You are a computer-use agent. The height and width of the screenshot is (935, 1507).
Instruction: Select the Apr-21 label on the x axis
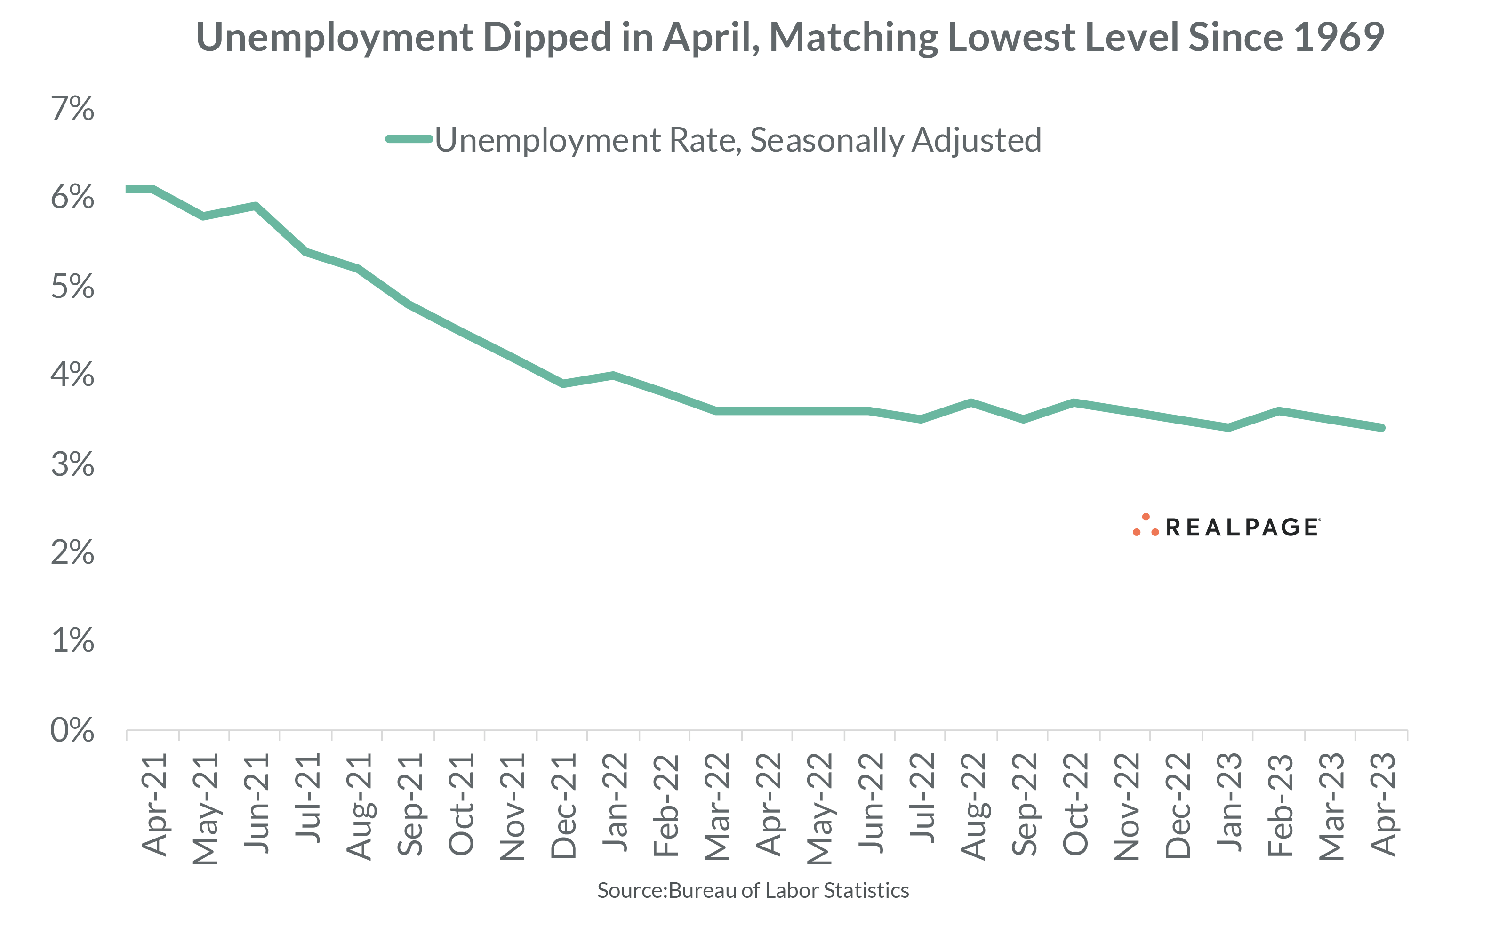[154, 805]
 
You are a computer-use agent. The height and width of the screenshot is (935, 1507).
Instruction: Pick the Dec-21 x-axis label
[563, 806]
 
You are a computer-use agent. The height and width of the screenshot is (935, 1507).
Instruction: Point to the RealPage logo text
[1242, 527]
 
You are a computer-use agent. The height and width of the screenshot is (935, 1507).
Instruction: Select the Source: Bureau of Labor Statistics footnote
[753, 890]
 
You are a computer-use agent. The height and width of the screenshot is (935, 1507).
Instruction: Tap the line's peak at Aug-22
[971, 403]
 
